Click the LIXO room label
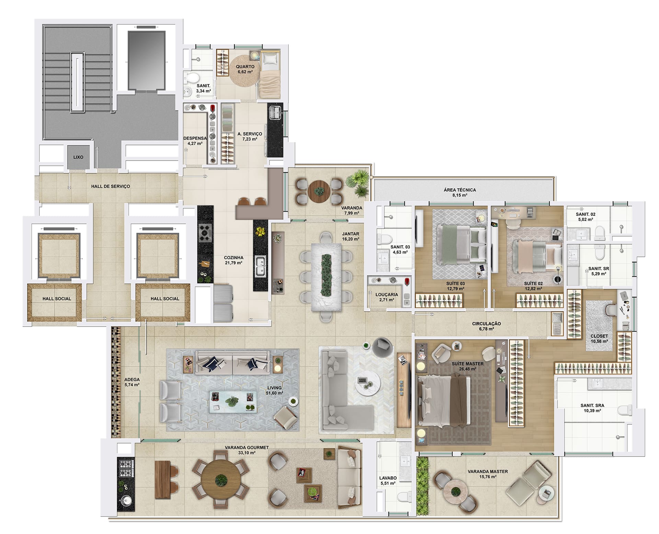point(78,157)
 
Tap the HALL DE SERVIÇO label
point(111,186)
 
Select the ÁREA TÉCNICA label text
point(460,190)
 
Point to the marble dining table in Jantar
point(326,277)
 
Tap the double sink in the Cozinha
point(260,266)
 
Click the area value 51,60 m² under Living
point(275,393)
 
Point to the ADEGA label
point(132,380)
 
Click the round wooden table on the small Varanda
point(320,190)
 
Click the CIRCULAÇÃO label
point(486,324)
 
